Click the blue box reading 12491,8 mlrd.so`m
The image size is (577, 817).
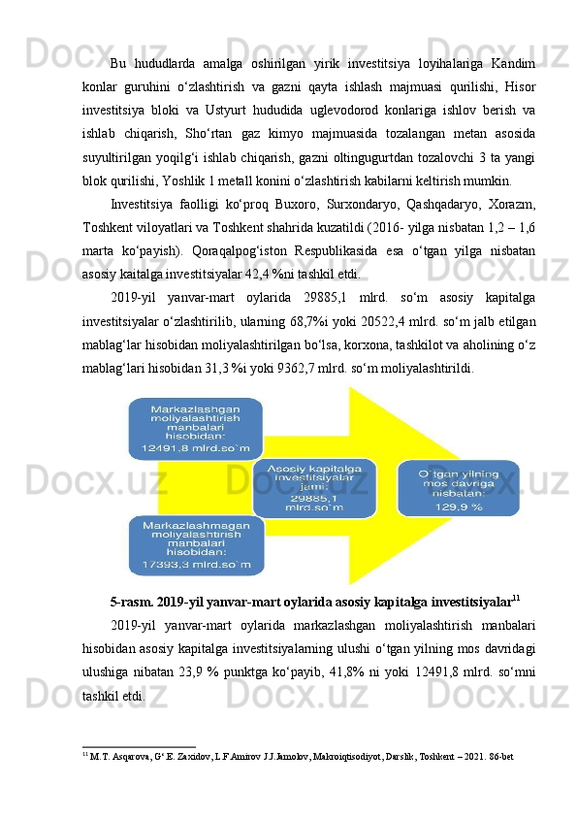(195, 428)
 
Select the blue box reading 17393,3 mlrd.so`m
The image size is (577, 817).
(195, 544)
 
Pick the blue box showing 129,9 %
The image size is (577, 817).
(458, 488)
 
